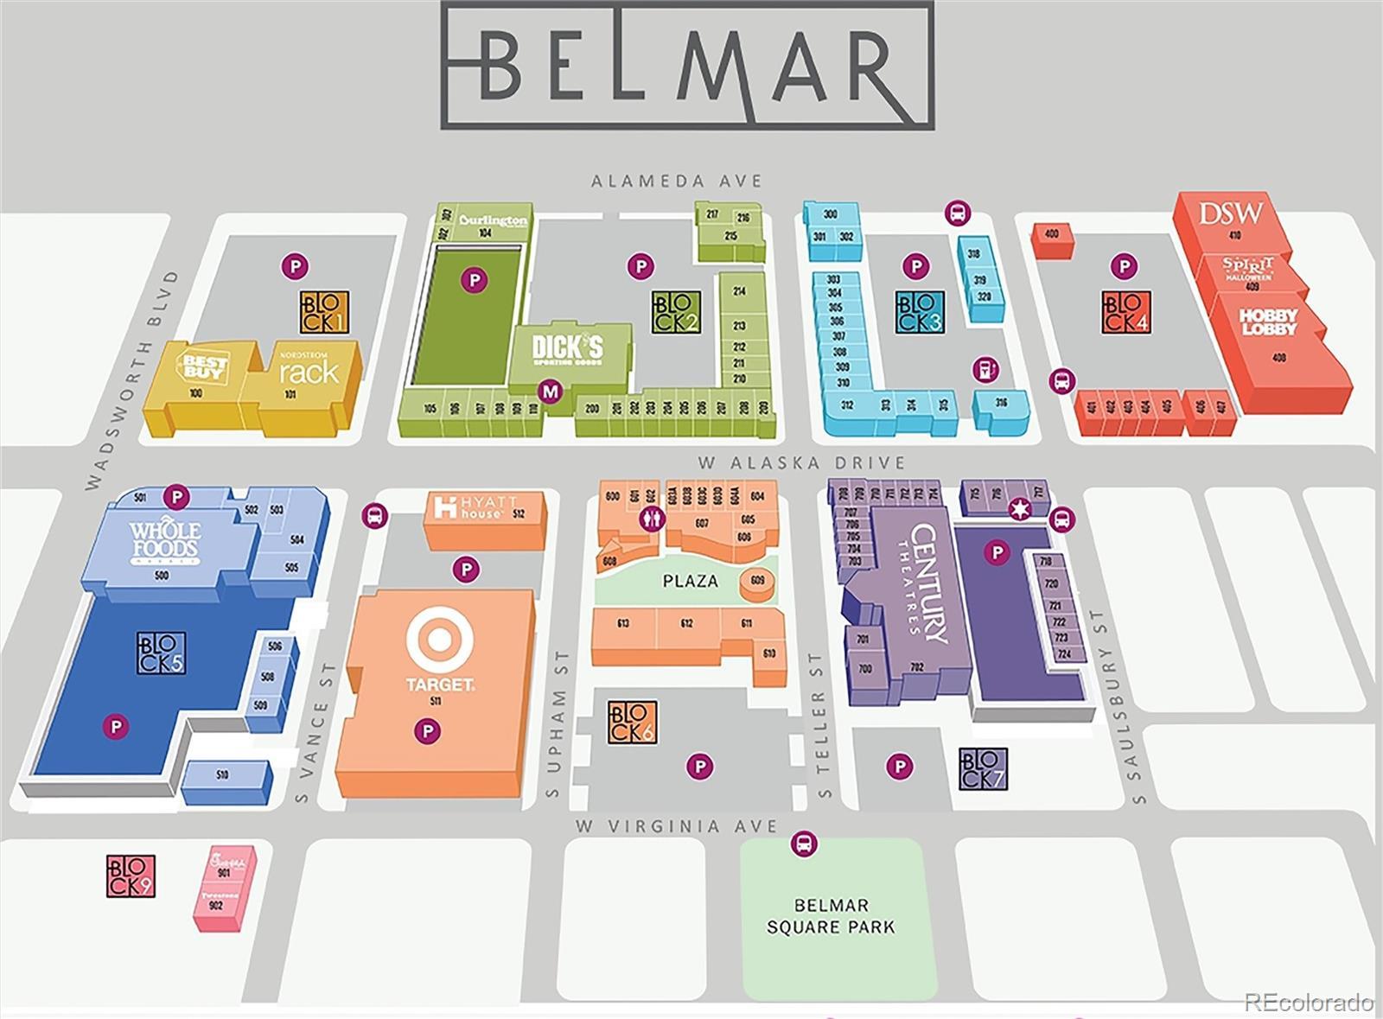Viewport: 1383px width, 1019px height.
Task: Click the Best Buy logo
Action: tap(205, 366)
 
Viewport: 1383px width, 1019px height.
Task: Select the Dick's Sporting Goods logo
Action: tap(567, 350)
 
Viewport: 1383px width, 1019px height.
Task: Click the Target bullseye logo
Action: tap(440, 640)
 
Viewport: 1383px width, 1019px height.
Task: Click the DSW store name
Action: tap(1231, 213)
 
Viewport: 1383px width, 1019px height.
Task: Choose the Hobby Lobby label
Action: tap(1268, 322)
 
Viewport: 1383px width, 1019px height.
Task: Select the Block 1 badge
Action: tap(325, 312)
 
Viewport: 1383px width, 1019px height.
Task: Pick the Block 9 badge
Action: tap(131, 876)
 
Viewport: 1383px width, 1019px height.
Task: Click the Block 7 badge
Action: tap(984, 769)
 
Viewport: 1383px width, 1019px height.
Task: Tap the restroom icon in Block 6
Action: tap(651, 519)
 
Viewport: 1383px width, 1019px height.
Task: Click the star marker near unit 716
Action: tap(1020, 510)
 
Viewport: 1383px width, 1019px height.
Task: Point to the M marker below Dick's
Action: tap(550, 392)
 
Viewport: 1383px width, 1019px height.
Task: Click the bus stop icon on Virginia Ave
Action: tap(804, 844)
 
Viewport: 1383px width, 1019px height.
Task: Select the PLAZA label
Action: tap(690, 581)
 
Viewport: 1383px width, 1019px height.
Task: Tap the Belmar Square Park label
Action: tap(831, 916)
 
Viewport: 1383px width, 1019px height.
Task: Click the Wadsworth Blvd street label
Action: tap(132, 380)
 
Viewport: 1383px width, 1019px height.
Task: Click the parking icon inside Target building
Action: tap(427, 732)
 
